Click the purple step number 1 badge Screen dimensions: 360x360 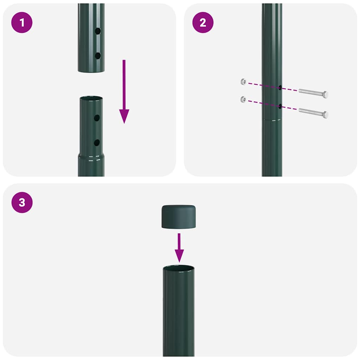(22, 23)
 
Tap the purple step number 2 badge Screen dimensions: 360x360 (202, 23)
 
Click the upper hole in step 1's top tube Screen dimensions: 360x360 (98, 32)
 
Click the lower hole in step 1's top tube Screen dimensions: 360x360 (98, 56)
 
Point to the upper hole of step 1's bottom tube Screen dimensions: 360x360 (97, 118)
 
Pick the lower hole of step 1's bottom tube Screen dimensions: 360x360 (97, 142)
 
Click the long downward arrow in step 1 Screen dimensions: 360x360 (124, 91)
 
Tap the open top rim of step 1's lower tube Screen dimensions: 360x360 (91, 98)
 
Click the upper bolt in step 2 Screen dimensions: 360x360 (313, 93)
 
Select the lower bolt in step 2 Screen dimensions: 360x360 (313, 113)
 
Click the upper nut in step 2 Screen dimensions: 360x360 (243, 82)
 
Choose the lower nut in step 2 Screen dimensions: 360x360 (243, 99)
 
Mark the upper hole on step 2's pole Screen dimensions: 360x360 (280, 87)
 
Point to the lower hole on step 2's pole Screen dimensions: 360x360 (280, 106)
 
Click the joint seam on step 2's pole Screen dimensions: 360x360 (272, 120)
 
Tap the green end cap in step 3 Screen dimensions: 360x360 (179, 216)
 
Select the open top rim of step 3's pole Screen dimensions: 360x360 (179, 269)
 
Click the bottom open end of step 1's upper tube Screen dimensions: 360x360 (91, 71)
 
